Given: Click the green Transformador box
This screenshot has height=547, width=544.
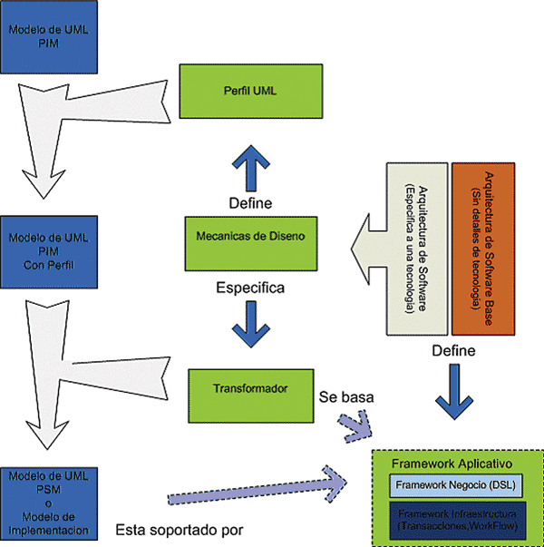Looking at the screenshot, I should click(253, 388).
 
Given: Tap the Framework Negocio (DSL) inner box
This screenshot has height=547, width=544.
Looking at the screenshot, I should click(454, 486).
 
